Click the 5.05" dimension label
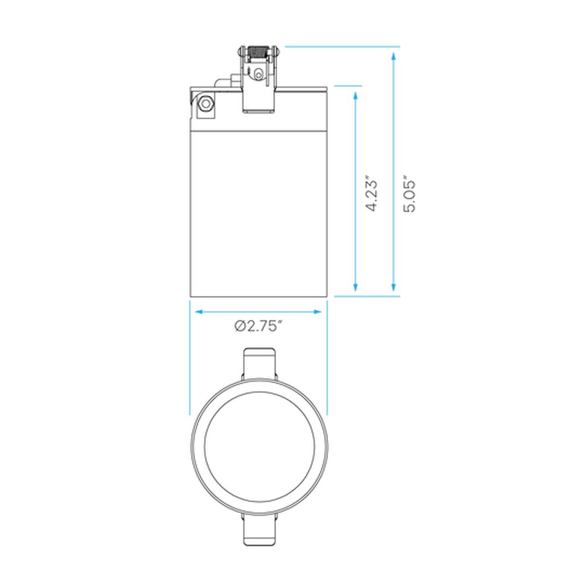(409, 194)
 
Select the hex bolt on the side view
(205, 104)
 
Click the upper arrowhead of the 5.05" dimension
(394, 57)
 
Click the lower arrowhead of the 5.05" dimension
(394, 286)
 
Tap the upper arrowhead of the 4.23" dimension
(355, 96)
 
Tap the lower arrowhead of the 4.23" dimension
(355, 286)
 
